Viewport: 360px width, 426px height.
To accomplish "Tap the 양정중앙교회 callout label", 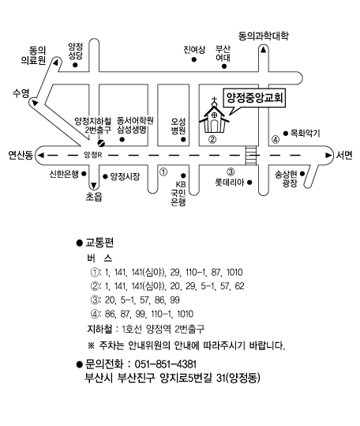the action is (254, 98).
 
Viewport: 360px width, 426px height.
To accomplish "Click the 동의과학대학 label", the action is (263, 36).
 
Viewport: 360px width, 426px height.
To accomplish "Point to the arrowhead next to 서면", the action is (328, 156).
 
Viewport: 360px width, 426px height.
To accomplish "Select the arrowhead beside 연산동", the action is (41, 156).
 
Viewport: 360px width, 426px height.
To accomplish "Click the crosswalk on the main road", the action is (251, 156).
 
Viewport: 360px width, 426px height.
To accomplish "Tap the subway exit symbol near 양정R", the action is (101, 142).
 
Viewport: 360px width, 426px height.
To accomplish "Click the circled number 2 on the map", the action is (212, 140).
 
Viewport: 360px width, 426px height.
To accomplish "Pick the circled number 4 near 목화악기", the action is (276, 140).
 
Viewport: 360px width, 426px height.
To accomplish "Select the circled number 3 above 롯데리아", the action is (231, 172).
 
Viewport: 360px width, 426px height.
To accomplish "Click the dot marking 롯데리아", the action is (249, 183).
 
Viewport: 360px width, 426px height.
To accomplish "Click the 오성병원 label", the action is (178, 126).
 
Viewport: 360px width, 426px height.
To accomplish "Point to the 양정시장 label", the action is (125, 176).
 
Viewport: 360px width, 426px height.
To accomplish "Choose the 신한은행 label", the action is (64, 174).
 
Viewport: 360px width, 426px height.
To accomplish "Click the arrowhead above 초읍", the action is (94, 186).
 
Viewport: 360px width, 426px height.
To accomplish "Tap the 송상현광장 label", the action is (286, 179).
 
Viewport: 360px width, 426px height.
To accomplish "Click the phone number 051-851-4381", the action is (166, 364).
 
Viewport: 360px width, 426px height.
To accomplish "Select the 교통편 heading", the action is (99, 243).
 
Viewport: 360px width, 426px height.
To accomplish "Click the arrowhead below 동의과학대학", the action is (263, 50).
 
